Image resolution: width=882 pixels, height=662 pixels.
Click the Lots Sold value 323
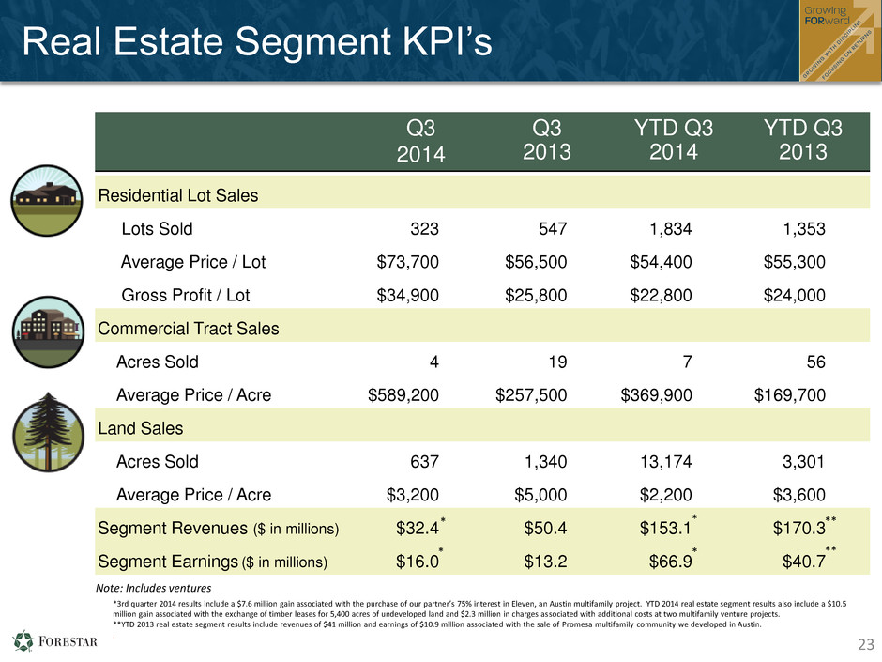424,228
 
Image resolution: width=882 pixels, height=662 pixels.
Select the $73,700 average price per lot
408,262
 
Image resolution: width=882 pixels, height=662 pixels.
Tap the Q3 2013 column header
547,140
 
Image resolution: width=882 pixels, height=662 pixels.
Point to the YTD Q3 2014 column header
674,140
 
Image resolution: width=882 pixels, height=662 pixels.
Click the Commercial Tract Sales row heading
189,329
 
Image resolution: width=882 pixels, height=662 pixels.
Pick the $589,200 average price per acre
403,394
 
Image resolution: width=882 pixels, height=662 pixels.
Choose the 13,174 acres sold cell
666,462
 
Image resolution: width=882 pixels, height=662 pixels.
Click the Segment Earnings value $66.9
671,562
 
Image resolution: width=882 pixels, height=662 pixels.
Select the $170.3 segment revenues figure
798,528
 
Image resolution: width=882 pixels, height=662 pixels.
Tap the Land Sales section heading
141,428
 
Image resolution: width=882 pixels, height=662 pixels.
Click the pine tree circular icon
49,432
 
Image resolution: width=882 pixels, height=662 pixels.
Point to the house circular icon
47,200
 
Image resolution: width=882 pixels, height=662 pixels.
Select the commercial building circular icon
49,332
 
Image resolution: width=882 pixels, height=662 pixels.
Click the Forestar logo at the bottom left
54,641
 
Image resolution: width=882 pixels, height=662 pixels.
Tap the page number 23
866,644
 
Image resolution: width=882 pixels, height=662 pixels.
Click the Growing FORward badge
841,40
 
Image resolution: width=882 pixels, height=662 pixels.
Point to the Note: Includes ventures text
154,588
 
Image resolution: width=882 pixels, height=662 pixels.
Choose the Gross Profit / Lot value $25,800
536,295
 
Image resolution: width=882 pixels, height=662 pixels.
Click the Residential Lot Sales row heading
178,195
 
